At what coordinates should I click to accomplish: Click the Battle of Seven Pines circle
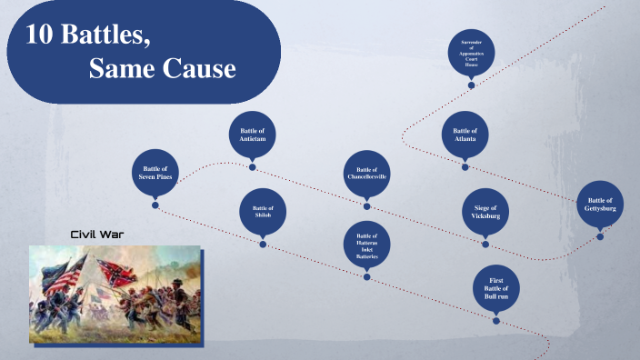(156, 172)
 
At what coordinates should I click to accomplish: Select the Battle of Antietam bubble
(252, 135)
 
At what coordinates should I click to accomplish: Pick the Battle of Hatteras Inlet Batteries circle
(366, 245)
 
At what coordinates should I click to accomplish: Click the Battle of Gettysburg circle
(600, 205)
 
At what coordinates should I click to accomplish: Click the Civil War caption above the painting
(97, 235)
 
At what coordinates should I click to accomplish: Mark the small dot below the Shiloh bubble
(263, 244)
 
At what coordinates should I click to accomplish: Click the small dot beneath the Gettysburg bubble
(600, 236)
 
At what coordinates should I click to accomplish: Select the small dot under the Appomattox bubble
(471, 85)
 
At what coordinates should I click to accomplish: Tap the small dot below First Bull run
(496, 320)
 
